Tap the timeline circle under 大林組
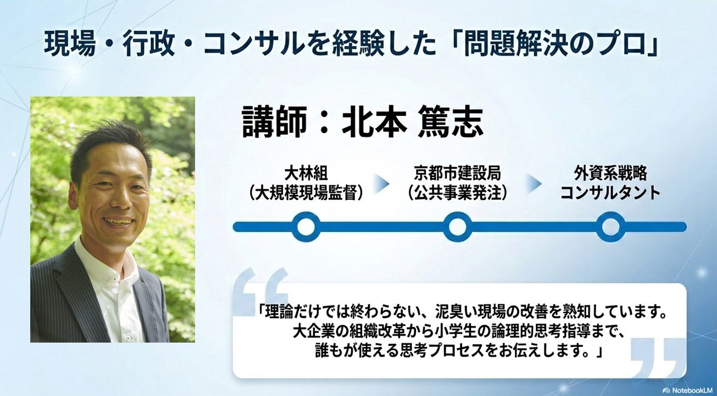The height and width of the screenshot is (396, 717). pos(306,227)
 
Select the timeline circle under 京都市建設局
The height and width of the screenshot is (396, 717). pos(458,227)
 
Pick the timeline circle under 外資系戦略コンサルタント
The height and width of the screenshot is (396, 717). pos(611,227)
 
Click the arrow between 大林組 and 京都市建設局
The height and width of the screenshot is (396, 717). pos(381,184)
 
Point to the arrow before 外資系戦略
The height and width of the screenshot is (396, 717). pos(534,184)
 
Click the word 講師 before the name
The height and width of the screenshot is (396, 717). pos(274,122)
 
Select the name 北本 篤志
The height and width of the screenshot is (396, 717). pos(413,122)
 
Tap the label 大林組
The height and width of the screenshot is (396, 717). pos(306,174)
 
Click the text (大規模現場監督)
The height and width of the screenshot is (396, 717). pos(306,193)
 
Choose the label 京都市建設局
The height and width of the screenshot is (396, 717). pos(458,174)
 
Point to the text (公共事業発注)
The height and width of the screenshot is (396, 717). pos(458,193)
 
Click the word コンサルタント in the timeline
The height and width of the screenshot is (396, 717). pos(611,193)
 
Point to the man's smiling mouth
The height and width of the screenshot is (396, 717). pos(117,221)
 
